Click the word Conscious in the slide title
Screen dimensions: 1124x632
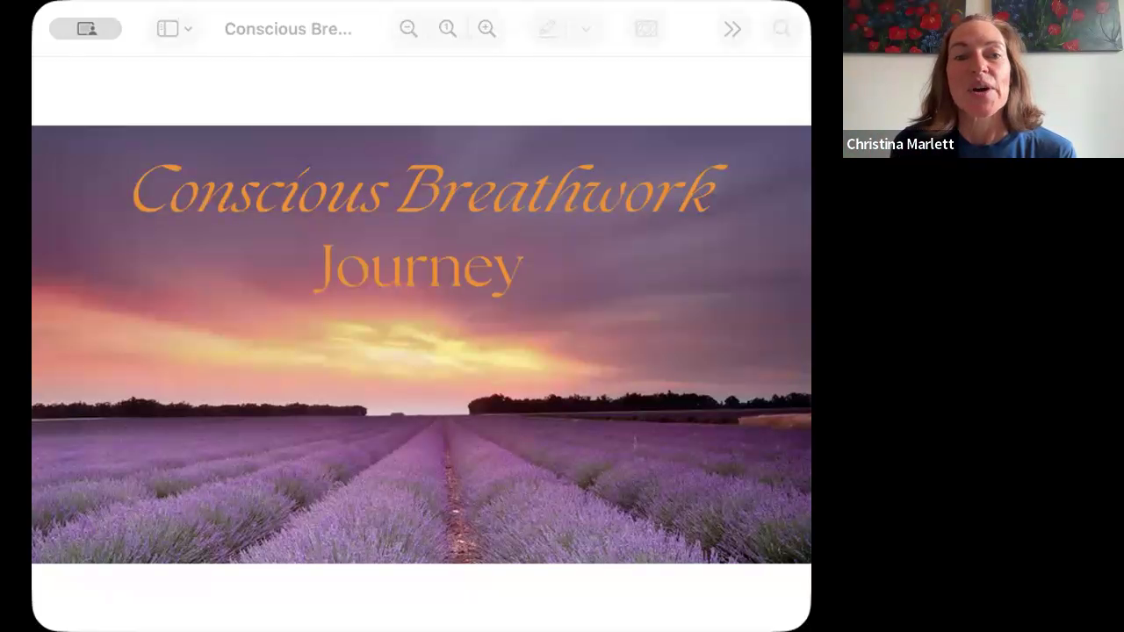coord(261,190)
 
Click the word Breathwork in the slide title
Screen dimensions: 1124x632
coord(562,189)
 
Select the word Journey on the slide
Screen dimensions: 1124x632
coord(419,269)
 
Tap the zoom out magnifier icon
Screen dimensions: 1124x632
coord(408,29)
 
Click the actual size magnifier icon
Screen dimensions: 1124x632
coord(448,29)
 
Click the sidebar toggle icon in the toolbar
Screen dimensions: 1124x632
coord(168,29)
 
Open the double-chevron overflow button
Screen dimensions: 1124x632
coord(732,29)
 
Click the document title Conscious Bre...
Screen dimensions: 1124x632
coord(288,29)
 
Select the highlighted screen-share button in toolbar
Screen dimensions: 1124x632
coord(85,29)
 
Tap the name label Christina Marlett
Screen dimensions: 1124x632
coord(900,144)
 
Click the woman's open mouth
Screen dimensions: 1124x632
coord(980,90)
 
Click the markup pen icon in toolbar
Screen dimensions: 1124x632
coord(547,29)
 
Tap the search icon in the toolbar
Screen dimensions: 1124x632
coord(782,29)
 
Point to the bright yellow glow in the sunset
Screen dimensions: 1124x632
coord(427,346)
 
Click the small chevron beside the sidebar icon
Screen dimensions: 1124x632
coord(188,29)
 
